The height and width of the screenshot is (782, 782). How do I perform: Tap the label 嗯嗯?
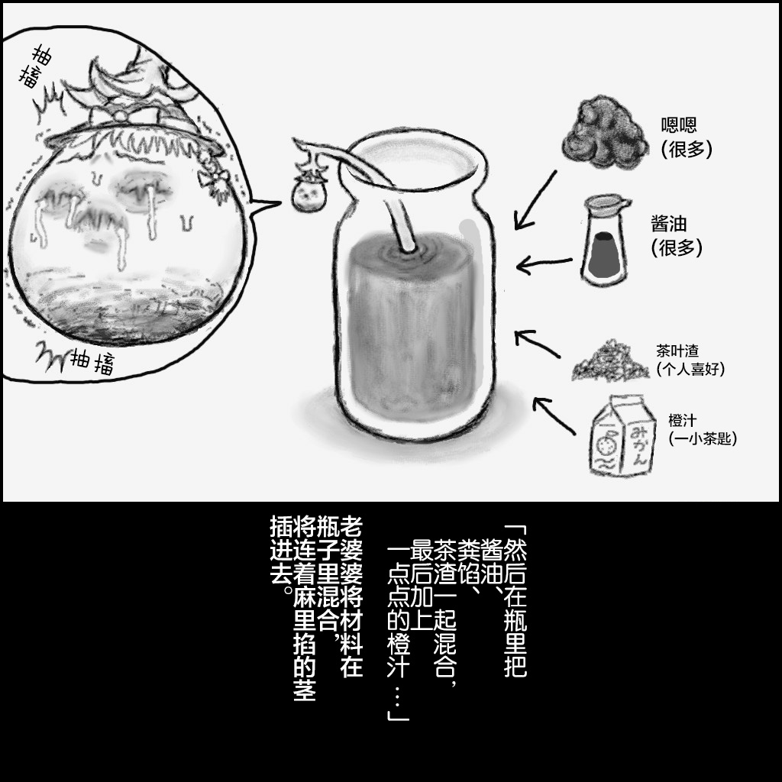(x=679, y=125)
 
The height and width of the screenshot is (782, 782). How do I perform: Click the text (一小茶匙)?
(x=702, y=439)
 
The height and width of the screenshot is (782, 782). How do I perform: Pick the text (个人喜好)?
(x=690, y=369)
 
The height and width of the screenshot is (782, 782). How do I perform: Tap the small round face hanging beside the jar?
(x=309, y=195)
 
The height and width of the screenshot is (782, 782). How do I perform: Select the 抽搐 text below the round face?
(x=92, y=362)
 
